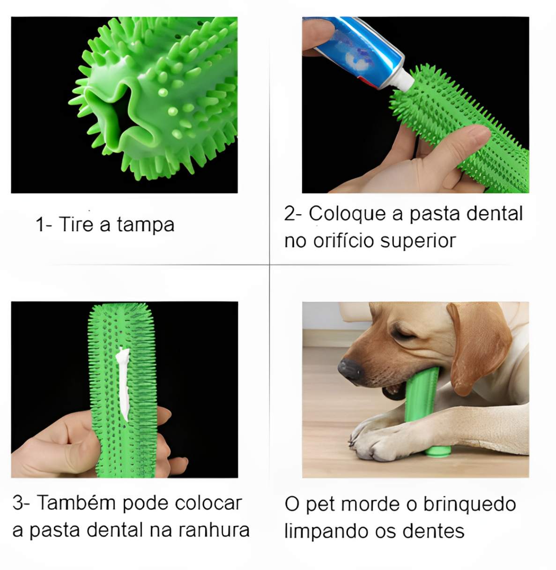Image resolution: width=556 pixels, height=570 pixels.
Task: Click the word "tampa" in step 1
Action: [x=145, y=225]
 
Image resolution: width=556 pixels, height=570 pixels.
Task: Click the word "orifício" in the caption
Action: [x=344, y=241]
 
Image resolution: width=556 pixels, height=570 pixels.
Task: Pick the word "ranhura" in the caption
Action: [x=214, y=530]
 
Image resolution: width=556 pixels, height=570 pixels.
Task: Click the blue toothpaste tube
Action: [x=353, y=50]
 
